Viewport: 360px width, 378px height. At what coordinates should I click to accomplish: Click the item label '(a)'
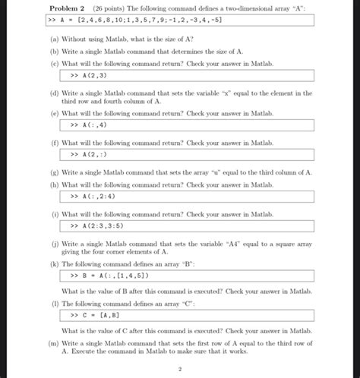click(54, 37)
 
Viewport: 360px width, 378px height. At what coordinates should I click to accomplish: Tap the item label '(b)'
click(54, 50)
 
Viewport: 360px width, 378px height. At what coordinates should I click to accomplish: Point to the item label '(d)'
click(54, 93)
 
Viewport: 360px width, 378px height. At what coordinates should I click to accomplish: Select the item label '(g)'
click(54, 172)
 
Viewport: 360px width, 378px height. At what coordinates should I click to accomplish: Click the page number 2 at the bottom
click(179, 370)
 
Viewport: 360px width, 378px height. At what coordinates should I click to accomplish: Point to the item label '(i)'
click(54, 214)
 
